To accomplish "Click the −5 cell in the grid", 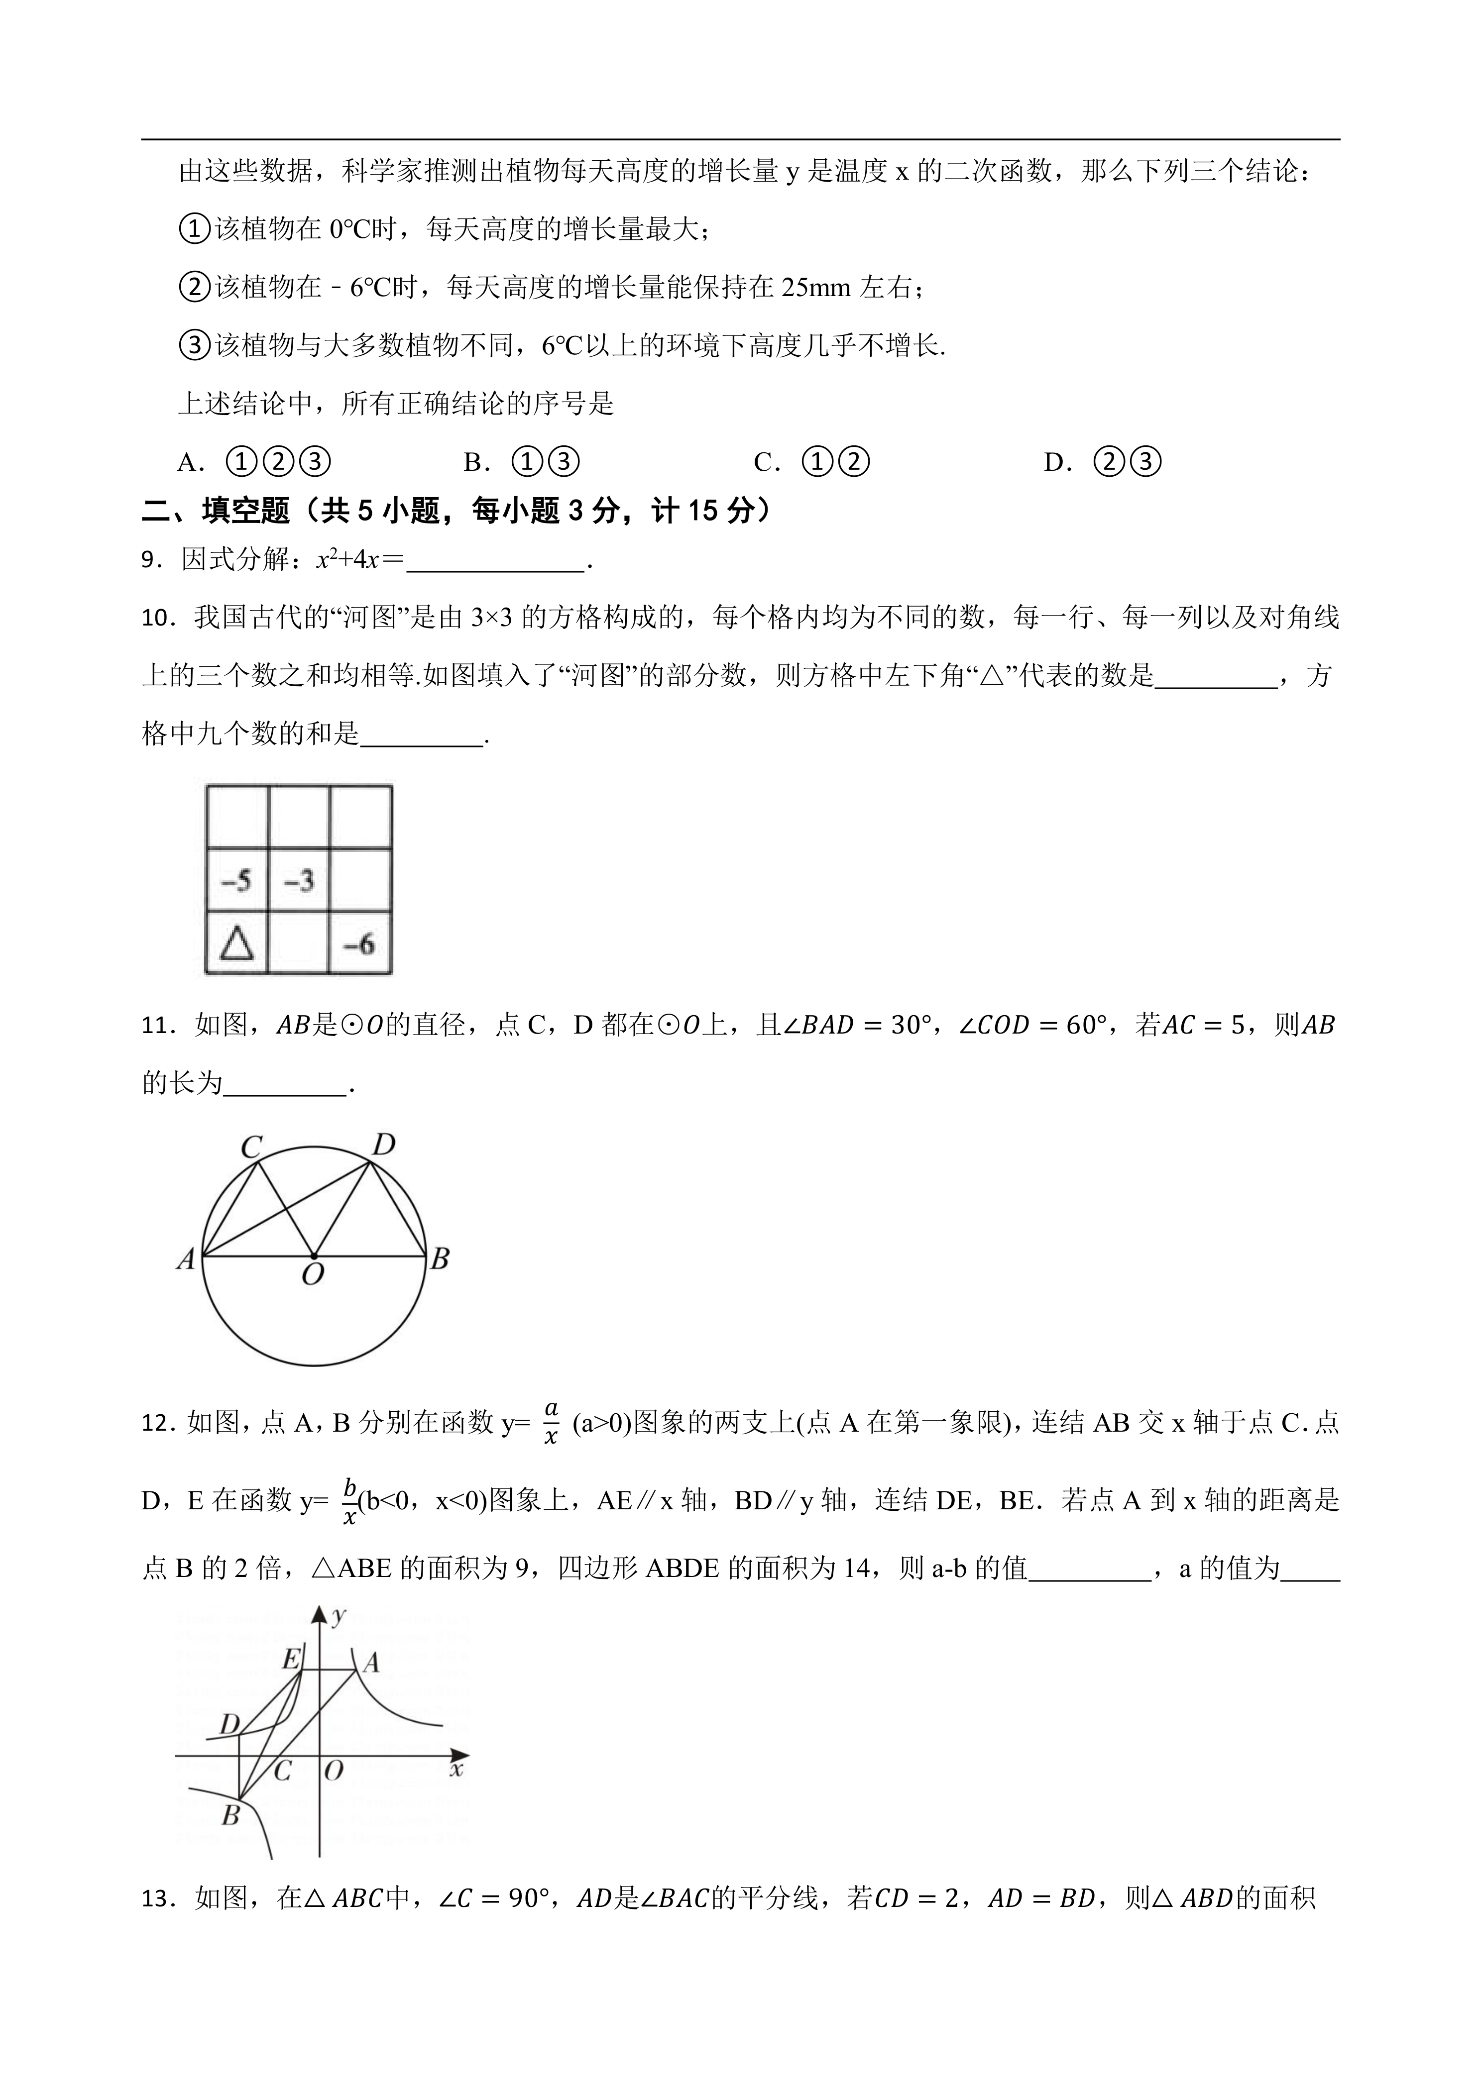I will tap(236, 880).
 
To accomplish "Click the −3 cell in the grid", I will tap(298, 880).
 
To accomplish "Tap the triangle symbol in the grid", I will tap(236, 943).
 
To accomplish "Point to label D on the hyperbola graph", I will tap(229, 1724).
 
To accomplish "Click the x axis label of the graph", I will tap(456, 1770).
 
